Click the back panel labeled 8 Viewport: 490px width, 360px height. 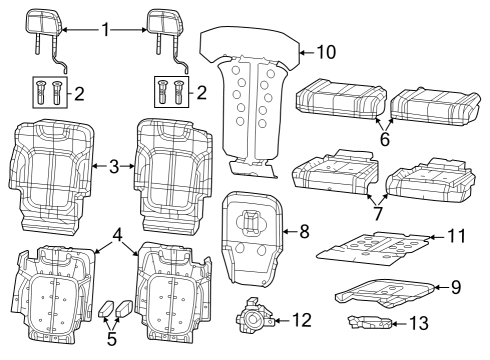(x=252, y=235)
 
